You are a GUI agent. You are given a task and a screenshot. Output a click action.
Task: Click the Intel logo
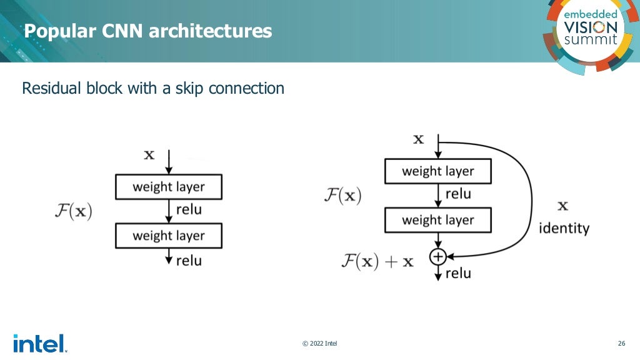pyautogui.click(x=39, y=343)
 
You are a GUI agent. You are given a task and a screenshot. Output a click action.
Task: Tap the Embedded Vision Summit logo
pyautogui.click(x=590, y=31)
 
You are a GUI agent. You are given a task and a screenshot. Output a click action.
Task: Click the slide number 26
pyautogui.click(x=621, y=343)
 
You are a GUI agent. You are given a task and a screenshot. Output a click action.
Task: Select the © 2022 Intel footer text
pyautogui.click(x=319, y=343)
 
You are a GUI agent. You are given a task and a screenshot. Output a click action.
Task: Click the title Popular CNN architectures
pyautogui.click(x=148, y=31)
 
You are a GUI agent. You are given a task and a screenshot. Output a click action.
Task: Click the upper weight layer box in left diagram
pyautogui.click(x=169, y=186)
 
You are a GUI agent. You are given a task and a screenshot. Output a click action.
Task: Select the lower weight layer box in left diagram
pyautogui.click(x=169, y=236)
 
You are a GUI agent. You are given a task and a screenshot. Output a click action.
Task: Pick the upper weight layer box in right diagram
pyautogui.click(x=437, y=171)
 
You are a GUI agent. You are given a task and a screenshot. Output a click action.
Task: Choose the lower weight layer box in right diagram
pyautogui.click(x=437, y=220)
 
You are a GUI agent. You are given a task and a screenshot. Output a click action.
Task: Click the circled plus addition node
pyautogui.click(x=437, y=256)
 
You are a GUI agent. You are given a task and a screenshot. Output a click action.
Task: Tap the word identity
pyautogui.click(x=564, y=228)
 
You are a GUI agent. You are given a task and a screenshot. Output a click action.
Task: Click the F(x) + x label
pyautogui.click(x=377, y=261)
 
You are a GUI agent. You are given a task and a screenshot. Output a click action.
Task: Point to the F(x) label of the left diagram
pyautogui.click(x=72, y=211)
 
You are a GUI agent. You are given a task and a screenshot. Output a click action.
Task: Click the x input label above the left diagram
pyautogui.click(x=149, y=154)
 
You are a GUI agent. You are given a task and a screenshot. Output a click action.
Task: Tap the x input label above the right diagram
pyautogui.click(x=419, y=139)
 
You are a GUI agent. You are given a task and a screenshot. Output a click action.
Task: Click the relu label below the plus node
pyautogui.click(x=458, y=273)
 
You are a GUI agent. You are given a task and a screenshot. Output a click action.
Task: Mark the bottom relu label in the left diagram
pyautogui.click(x=189, y=260)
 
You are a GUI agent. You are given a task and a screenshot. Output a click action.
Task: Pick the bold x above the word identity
pyautogui.click(x=562, y=206)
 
